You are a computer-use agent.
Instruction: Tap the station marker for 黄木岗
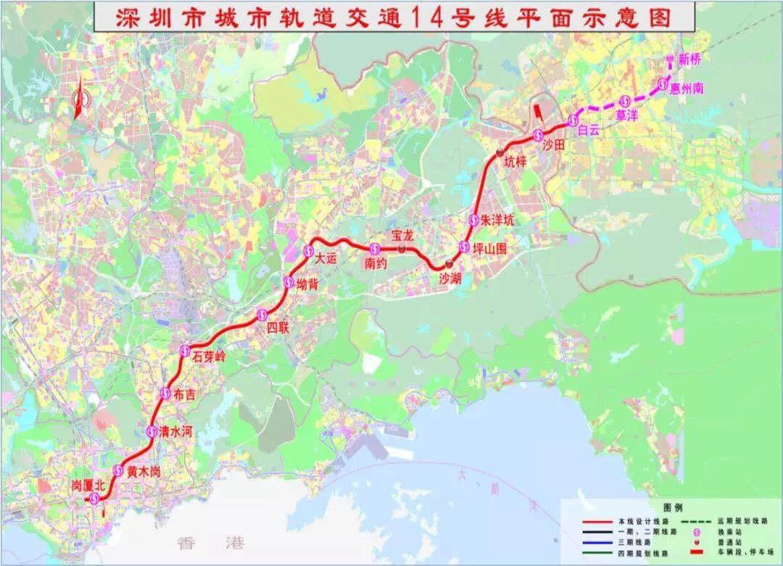pyautogui.click(x=118, y=469)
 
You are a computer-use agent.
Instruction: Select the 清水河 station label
pyautogui.click(x=177, y=431)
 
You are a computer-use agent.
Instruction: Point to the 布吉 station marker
pyautogui.click(x=165, y=393)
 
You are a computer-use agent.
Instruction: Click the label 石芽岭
pyautogui.click(x=210, y=356)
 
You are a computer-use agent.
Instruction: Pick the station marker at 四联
pyautogui.click(x=262, y=314)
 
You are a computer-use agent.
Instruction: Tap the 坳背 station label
pyautogui.click(x=307, y=284)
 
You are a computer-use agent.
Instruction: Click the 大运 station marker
pyautogui.click(x=307, y=251)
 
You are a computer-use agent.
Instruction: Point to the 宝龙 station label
pyautogui.click(x=401, y=234)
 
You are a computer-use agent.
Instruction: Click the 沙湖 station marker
pyautogui.click(x=449, y=263)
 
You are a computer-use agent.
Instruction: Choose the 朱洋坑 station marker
pyautogui.click(x=473, y=220)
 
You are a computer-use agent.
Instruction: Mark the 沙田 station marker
pyautogui.click(x=538, y=134)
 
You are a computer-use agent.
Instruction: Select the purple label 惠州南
pyautogui.click(x=687, y=88)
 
